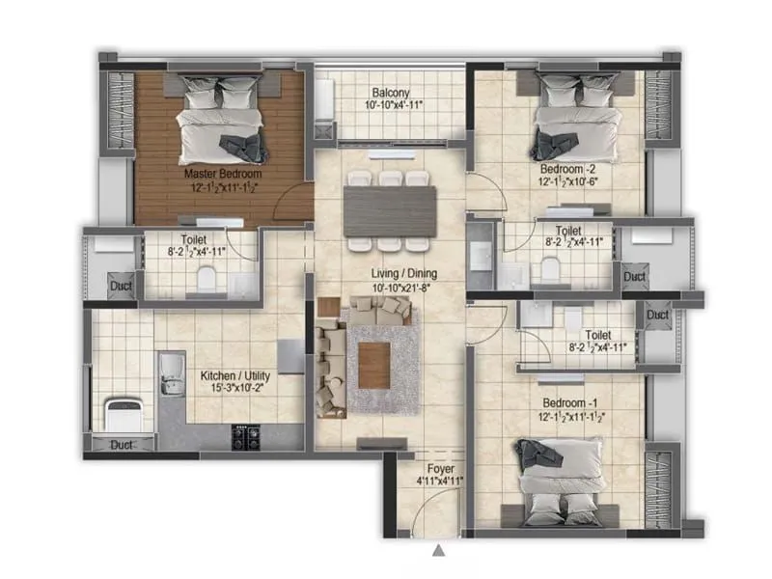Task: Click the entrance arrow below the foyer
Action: [439, 552]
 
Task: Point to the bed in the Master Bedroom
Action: [220, 123]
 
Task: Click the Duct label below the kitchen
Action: [122, 445]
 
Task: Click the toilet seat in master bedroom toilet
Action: [204, 280]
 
